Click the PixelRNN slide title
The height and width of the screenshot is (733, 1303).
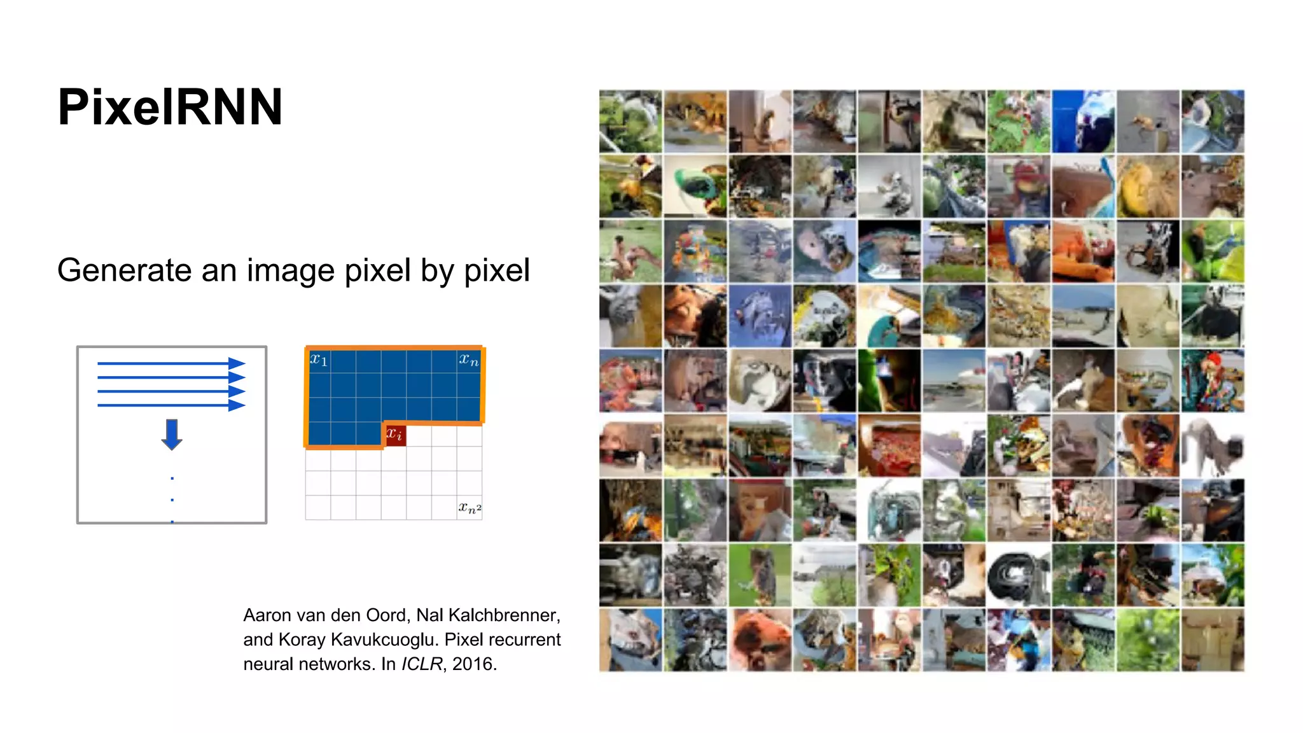170,107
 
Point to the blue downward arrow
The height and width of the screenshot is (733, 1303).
172,435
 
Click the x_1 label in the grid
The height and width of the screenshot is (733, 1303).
319,360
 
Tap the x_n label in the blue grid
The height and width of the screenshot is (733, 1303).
469,360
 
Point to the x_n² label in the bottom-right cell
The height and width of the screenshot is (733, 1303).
470,508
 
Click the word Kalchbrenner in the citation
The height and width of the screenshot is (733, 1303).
504,615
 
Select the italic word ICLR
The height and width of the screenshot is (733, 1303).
422,664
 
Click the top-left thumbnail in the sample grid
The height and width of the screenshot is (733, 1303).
631,122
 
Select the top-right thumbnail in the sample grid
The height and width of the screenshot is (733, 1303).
1213,122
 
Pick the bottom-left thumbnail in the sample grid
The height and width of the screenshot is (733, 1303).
631,640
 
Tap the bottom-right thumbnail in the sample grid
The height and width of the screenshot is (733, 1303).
1213,640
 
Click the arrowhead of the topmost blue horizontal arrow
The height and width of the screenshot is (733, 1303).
237,363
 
